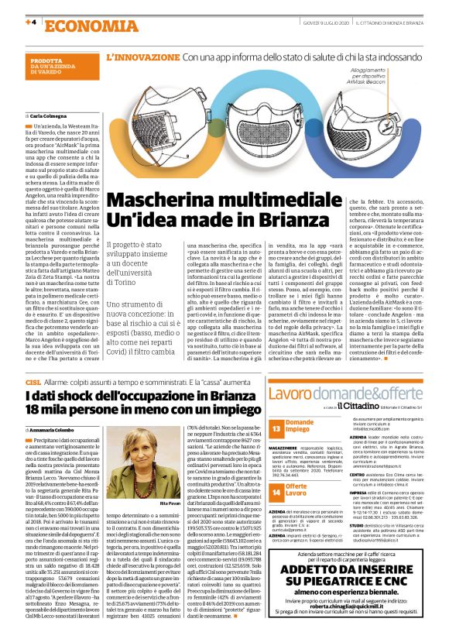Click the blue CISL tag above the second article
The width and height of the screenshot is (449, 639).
[x=33, y=383]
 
